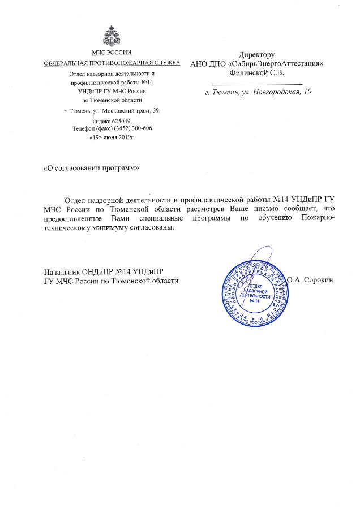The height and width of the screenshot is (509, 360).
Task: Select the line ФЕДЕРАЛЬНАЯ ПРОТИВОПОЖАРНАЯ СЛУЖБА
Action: pos(112,62)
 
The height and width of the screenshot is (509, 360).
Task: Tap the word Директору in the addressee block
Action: pos(257,55)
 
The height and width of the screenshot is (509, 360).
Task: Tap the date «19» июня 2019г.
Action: pos(112,137)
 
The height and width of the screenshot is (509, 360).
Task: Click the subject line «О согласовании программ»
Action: pos(91,169)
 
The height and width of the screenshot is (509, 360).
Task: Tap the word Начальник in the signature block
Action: pos(62,270)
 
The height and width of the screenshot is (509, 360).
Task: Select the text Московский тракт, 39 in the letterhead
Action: pos(135,111)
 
